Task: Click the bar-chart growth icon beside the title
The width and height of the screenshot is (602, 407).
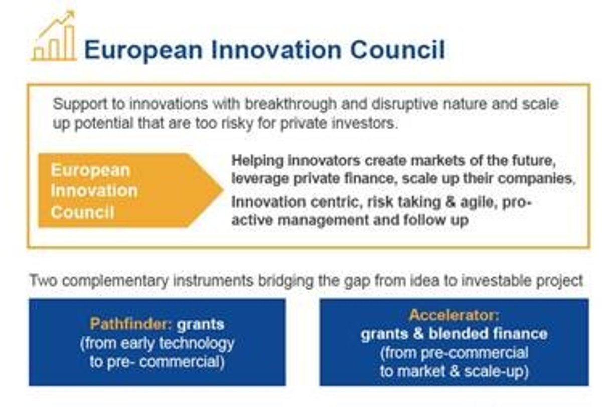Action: (54, 36)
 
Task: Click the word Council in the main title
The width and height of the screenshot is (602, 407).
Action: (397, 50)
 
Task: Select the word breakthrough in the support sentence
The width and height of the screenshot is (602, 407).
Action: (290, 105)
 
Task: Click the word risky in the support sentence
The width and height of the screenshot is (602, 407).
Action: (237, 124)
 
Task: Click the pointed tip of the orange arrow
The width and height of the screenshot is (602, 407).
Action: (223, 190)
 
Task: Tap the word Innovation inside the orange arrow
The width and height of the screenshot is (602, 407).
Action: (94, 191)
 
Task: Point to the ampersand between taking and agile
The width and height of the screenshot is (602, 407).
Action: (450, 202)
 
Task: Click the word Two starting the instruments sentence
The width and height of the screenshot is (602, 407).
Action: (43, 281)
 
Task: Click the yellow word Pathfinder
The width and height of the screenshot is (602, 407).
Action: (131, 324)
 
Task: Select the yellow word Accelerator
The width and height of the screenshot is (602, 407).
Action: (454, 315)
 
